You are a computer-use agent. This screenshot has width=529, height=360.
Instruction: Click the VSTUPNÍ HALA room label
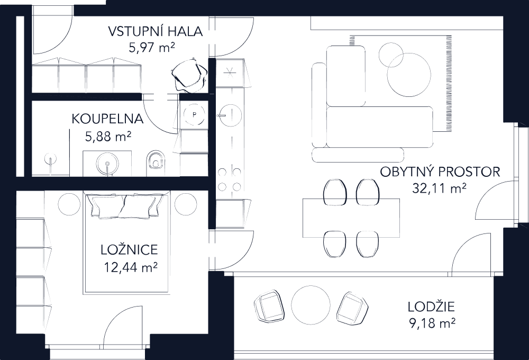[x=155, y=31]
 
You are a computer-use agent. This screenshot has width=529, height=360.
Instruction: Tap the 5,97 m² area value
[x=152, y=47]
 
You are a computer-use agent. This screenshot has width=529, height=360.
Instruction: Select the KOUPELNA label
[x=107, y=119]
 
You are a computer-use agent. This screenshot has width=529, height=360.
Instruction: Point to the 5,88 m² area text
[x=108, y=137]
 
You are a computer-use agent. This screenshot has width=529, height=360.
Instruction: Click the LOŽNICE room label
[x=129, y=250]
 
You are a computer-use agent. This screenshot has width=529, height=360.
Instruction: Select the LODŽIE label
[x=432, y=307]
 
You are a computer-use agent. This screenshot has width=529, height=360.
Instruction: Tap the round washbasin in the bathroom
[x=107, y=162]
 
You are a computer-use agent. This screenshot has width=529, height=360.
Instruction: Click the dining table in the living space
[x=351, y=218]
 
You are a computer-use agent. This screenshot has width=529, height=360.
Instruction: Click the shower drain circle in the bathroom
[x=51, y=159]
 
